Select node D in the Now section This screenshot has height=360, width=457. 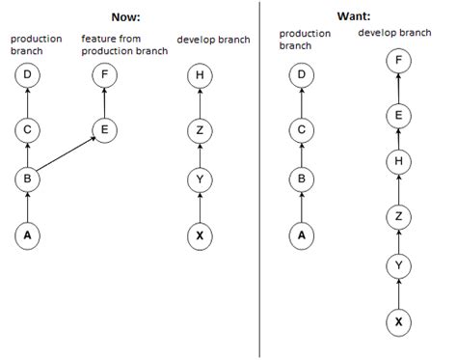point(28,73)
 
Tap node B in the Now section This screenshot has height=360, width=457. point(28,179)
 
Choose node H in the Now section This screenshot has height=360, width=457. point(200,73)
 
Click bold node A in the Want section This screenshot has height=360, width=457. point(302,233)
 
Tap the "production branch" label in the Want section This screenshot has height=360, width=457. point(304,40)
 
